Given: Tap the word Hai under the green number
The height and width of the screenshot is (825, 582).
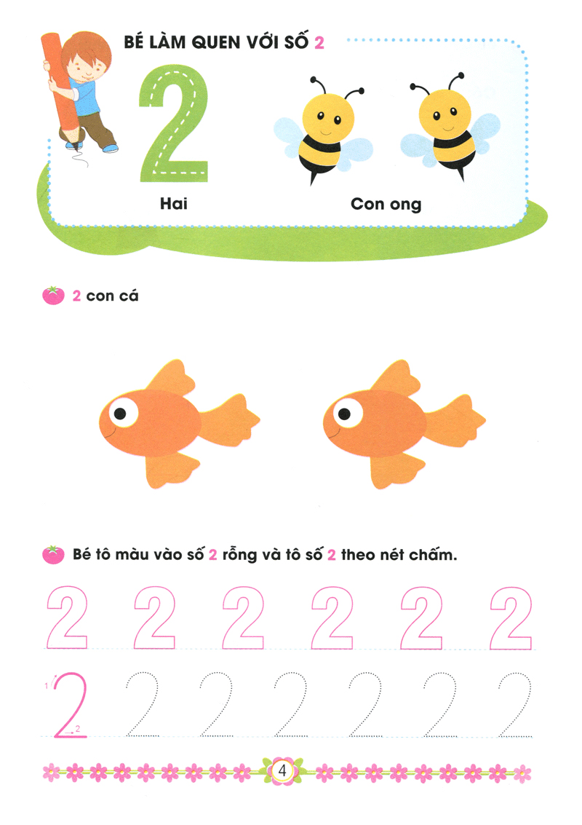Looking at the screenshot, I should [x=174, y=204].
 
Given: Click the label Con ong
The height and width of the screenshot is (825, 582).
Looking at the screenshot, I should [x=386, y=204].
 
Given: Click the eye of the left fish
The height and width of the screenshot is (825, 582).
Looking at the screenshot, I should [x=123, y=413].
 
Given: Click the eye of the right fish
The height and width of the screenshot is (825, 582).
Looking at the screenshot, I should [x=346, y=413].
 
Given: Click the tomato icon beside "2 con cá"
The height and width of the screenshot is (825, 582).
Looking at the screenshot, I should [x=54, y=296].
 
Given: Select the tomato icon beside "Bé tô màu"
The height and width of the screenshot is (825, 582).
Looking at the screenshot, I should [x=54, y=555].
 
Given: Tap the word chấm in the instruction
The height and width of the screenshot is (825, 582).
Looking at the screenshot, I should [x=429, y=556].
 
